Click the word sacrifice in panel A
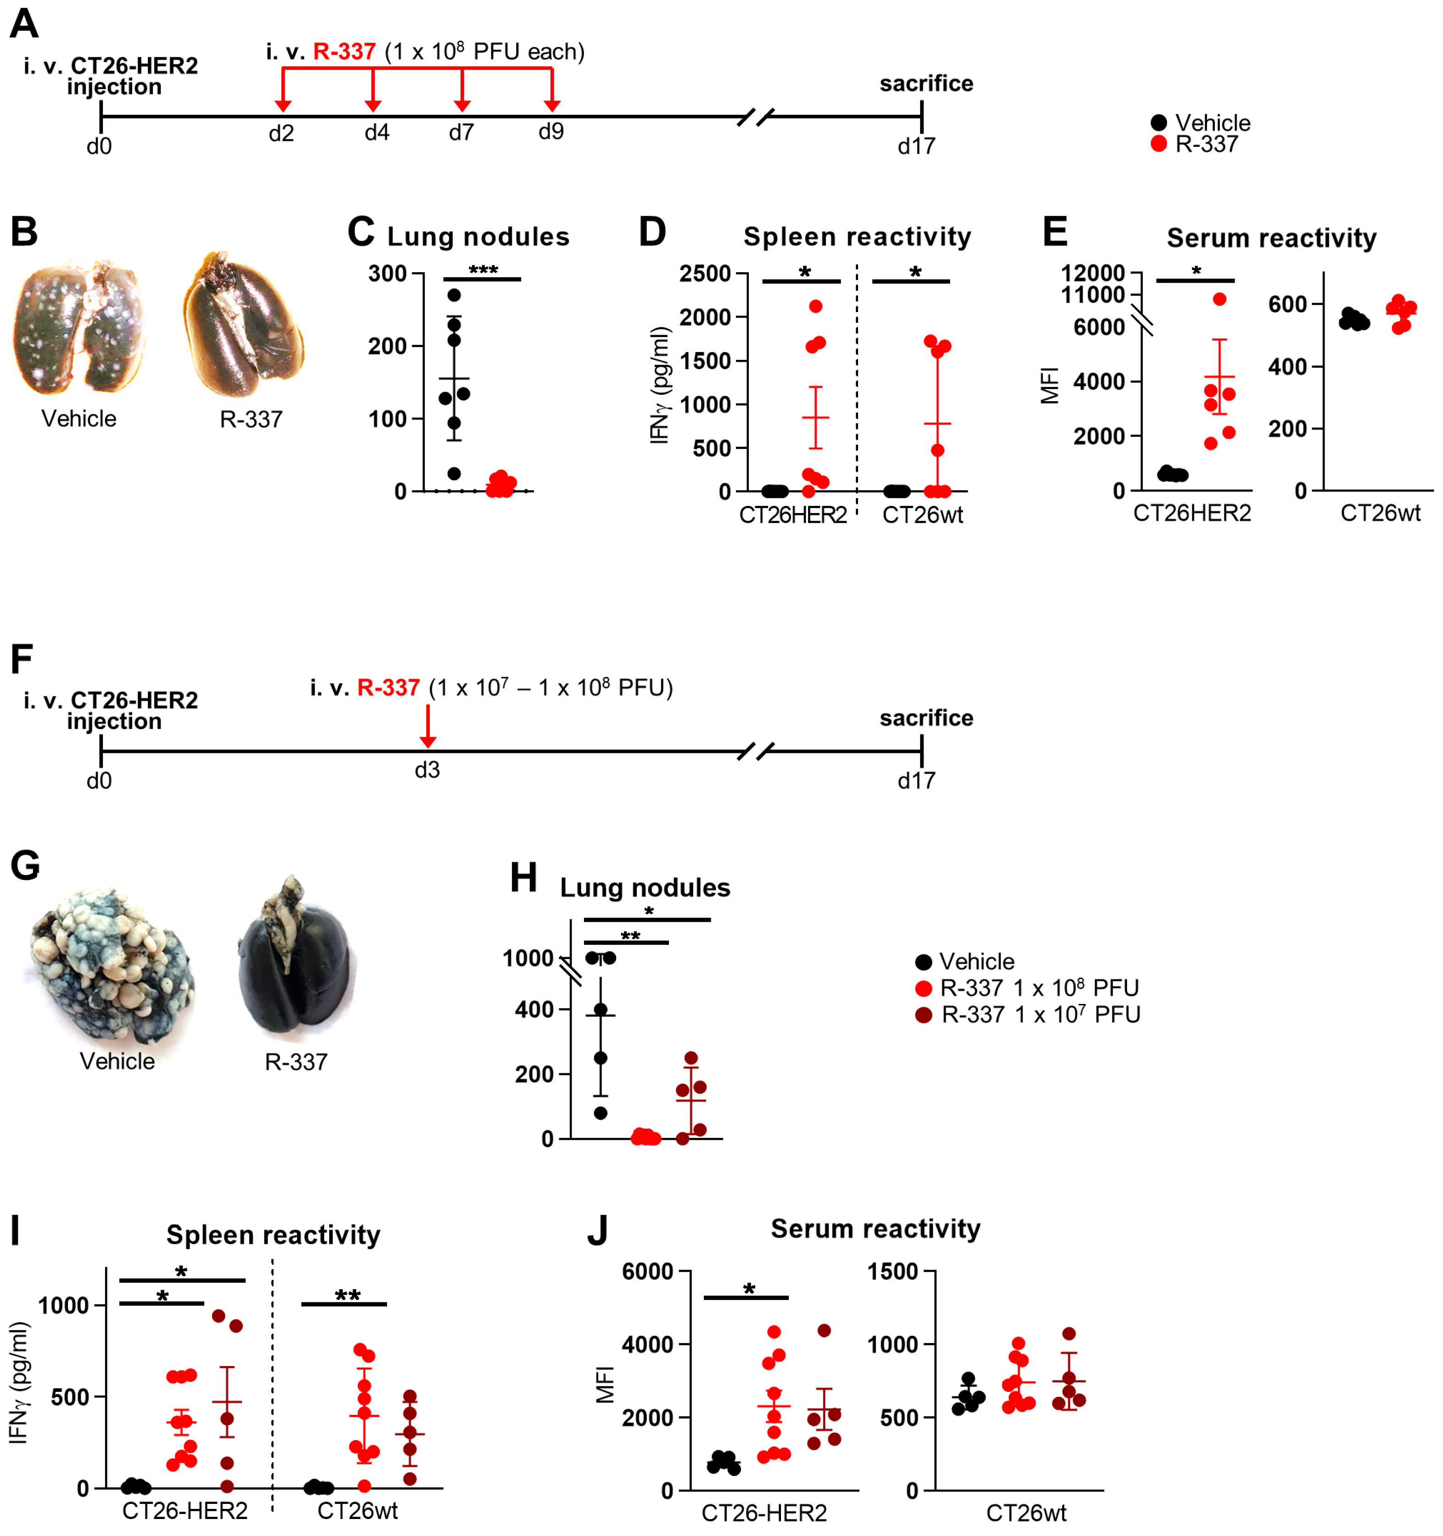coord(926,84)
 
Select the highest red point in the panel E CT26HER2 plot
coord(1219,299)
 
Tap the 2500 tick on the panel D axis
coord(704,274)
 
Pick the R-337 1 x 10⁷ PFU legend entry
coord(1028,1015)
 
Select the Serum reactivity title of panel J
coord(875,1228)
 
